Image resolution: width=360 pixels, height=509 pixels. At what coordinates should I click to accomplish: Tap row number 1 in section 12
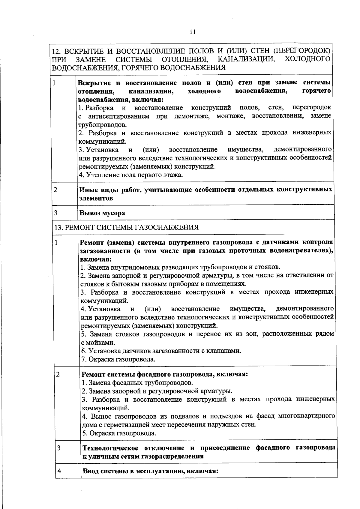point(54,82)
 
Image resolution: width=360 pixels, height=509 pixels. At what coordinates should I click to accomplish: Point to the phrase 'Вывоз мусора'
point(102,213)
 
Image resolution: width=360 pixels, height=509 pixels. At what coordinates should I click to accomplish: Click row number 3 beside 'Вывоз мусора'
point(56,213)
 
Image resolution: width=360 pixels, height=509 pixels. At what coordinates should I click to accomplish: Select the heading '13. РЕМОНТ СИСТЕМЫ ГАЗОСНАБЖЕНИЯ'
point(126,227)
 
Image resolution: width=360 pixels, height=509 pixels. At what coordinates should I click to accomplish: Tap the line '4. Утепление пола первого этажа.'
point(131,175)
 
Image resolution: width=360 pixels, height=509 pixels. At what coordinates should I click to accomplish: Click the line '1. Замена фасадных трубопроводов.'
point(138,383)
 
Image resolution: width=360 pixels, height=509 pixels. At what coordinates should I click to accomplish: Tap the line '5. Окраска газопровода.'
point(119,433)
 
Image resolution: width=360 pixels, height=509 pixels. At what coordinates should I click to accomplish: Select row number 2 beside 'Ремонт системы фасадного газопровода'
point(58,374)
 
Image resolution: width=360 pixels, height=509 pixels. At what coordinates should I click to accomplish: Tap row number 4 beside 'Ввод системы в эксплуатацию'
point(59,471)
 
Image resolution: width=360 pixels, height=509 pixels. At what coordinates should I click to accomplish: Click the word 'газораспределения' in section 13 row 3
point(174,457)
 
